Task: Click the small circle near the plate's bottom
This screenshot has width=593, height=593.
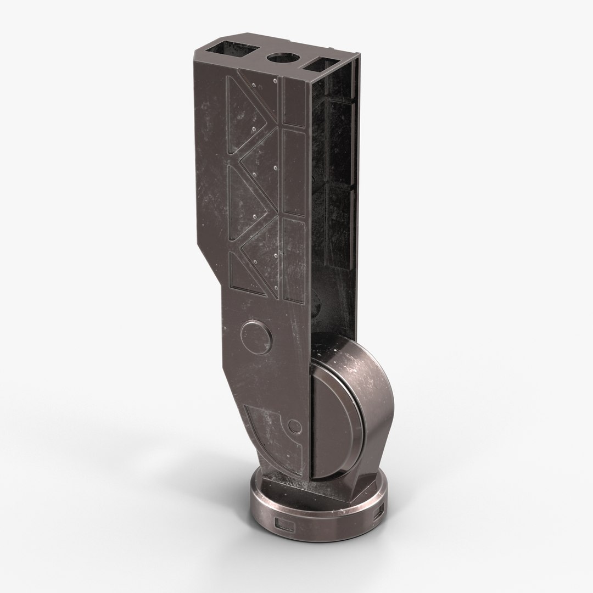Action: pos(295,426)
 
